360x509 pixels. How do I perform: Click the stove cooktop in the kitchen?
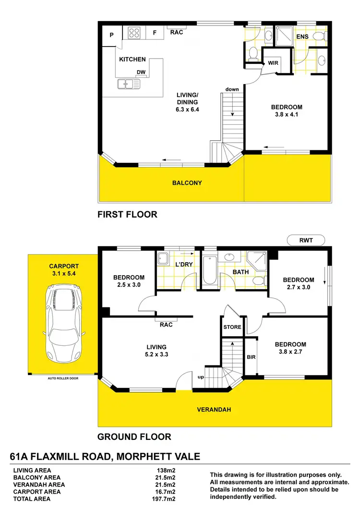point(134,33)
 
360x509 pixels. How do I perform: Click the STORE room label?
point(232,327)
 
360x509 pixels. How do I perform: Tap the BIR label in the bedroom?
point(251,357)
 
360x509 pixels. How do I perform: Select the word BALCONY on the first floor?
point(187,183)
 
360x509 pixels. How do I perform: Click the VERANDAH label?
point(214,410)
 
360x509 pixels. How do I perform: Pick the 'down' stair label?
point(233,89)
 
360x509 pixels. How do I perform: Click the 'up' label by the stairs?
point(202,377)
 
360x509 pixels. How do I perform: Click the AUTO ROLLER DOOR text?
point(63,378)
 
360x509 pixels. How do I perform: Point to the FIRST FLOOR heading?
point(127,214)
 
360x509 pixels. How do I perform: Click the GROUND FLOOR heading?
point(134,436)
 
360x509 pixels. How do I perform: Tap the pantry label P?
point(111,35)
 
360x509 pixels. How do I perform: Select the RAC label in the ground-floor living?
point(166,325)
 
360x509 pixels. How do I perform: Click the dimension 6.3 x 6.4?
point(187,109)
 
